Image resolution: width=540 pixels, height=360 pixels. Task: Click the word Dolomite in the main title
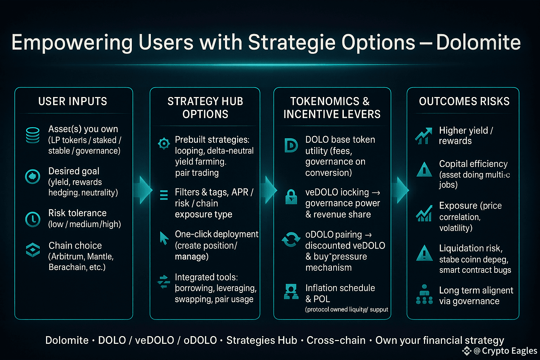tap(478, 42)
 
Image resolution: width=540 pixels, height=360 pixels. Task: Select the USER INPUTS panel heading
tap(72, 101)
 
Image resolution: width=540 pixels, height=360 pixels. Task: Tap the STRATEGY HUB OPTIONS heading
tap(205, 108)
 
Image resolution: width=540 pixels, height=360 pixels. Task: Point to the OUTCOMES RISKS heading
tap(464, 101)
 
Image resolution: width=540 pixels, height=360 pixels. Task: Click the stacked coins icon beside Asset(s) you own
tap(33, 135)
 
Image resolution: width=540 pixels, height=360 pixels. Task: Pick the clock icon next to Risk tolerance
tap(33, 219)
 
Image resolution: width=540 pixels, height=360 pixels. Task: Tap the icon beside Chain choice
tap(33, 250)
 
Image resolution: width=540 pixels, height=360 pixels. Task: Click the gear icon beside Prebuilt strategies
tap(164, 144)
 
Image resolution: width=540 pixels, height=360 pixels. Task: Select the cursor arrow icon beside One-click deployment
tap(164, 238)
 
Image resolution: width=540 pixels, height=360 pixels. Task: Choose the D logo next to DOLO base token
tap(291, 146)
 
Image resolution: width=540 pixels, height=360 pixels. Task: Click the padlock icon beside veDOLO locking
tap(291, 197)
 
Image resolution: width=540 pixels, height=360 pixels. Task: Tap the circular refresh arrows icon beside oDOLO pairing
tap(291, 239)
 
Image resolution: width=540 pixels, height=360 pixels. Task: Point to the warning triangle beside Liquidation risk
tap(424, 253)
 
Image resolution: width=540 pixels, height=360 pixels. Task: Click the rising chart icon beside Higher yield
tap(423, 136)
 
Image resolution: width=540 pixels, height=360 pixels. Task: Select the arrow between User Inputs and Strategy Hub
tap(143, 190)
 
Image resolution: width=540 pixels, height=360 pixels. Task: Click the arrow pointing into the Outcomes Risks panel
tap(401, 190)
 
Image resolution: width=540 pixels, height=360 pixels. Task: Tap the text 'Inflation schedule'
tap(340, 288)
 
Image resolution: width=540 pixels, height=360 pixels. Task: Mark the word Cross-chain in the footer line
tap(336, 340)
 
